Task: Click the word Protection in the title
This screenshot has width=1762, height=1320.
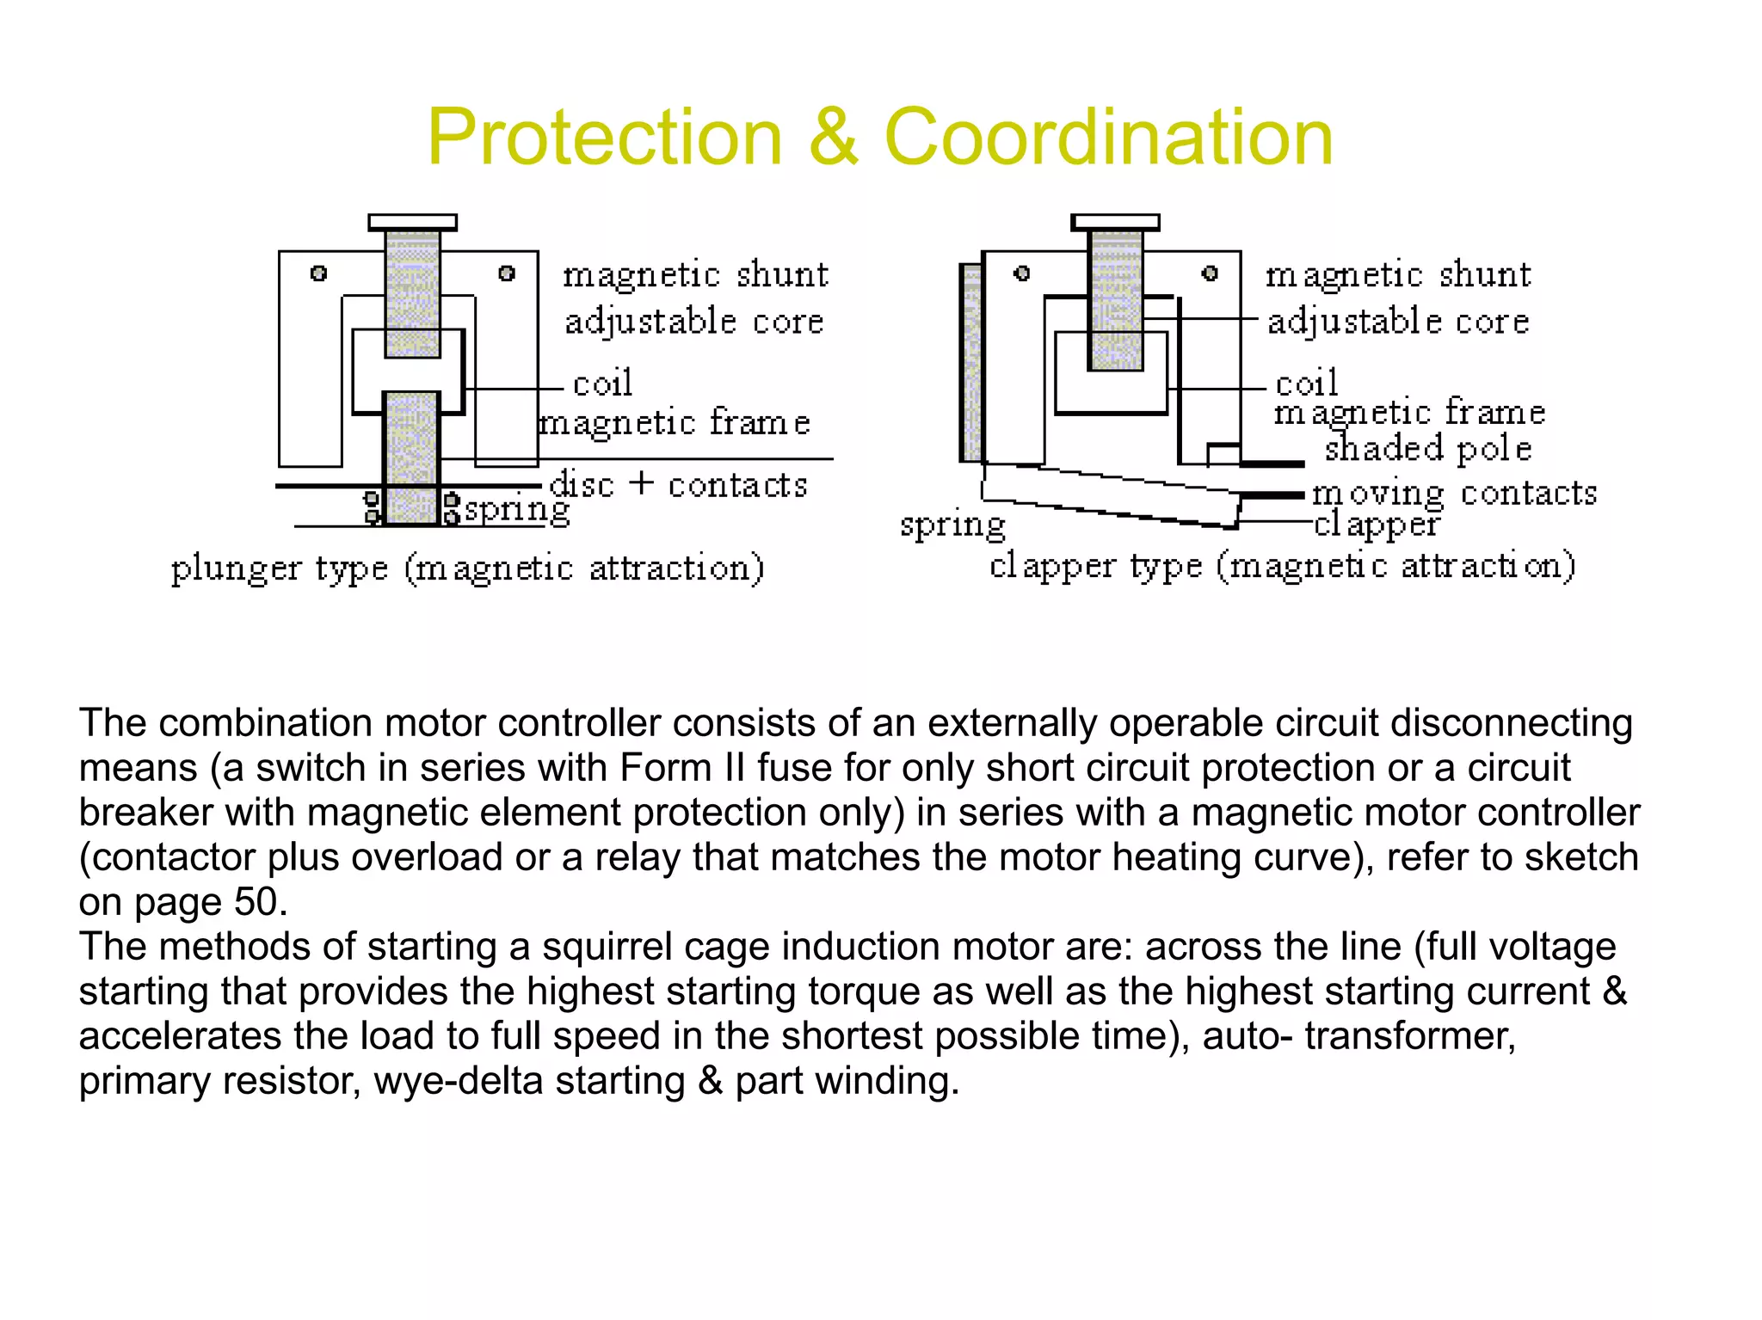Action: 605,138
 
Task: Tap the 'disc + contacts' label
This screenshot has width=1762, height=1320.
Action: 679,485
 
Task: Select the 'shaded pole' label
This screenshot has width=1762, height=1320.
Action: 1428,449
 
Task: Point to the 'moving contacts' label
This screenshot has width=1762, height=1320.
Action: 1454,494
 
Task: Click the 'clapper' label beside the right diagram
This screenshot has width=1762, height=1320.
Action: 1377,525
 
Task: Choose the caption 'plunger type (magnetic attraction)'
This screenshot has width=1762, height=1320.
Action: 467,569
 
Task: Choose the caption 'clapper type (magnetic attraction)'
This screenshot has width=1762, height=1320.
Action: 1282,567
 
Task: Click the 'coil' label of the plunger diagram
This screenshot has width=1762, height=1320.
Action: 602,384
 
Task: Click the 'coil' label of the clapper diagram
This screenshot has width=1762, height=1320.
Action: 1306,384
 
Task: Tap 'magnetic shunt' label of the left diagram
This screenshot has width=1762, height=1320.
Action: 695,275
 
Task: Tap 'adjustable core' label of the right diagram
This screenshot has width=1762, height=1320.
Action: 1398,322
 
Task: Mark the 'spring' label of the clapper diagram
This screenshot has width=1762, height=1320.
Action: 952,525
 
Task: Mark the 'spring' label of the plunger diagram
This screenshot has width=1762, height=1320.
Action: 517,510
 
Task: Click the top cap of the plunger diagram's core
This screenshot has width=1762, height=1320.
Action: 413,223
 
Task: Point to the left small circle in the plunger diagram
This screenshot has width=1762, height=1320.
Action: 318,273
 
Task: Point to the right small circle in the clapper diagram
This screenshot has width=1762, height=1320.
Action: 1210,273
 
